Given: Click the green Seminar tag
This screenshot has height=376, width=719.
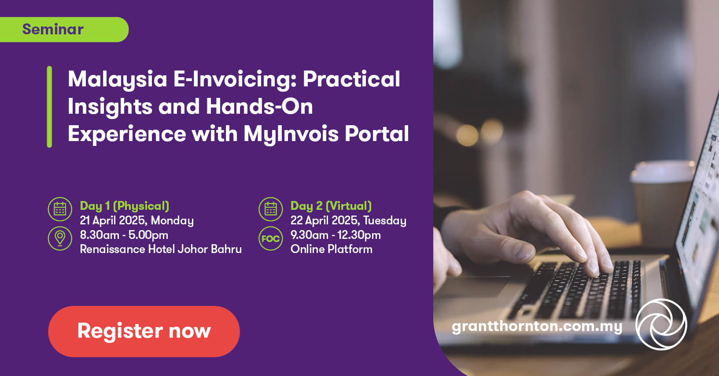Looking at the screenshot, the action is [x=64, y=30].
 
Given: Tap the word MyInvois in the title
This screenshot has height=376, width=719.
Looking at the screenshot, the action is [x=291, y=134].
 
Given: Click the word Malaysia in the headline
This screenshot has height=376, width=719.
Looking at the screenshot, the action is [x=118, y=80].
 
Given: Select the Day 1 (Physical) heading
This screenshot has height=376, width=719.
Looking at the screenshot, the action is [x=125, y=206].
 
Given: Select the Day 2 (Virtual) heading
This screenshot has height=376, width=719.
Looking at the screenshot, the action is [x=331, y=206].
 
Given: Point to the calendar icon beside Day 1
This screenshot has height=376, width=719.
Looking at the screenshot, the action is [x=60, y=209].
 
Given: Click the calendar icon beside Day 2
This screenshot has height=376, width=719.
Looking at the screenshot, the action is [x=271, y=209].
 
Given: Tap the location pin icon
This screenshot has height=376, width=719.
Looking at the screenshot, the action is [x=60, y=238].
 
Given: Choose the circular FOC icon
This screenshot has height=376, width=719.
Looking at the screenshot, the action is [x=271, y=238].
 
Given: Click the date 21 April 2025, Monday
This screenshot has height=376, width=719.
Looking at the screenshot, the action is [x=137, y=221].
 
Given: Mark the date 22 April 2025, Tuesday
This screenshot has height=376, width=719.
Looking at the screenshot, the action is [x=348, y=221].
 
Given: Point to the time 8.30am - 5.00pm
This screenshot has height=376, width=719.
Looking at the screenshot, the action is [x=124, y=235].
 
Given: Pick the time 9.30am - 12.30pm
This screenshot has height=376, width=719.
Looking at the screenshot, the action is [x=336, y=235].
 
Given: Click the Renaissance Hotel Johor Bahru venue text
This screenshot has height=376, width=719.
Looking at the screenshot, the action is [x=161, y=249].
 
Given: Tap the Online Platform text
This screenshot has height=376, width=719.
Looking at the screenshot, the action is [x=331, y=249].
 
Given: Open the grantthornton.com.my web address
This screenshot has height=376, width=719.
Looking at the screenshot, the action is [x=537, y=327].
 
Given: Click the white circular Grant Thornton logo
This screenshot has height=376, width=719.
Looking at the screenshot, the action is [x=661, y=324].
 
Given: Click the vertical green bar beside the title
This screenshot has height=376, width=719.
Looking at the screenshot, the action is [x=49, y=107].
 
